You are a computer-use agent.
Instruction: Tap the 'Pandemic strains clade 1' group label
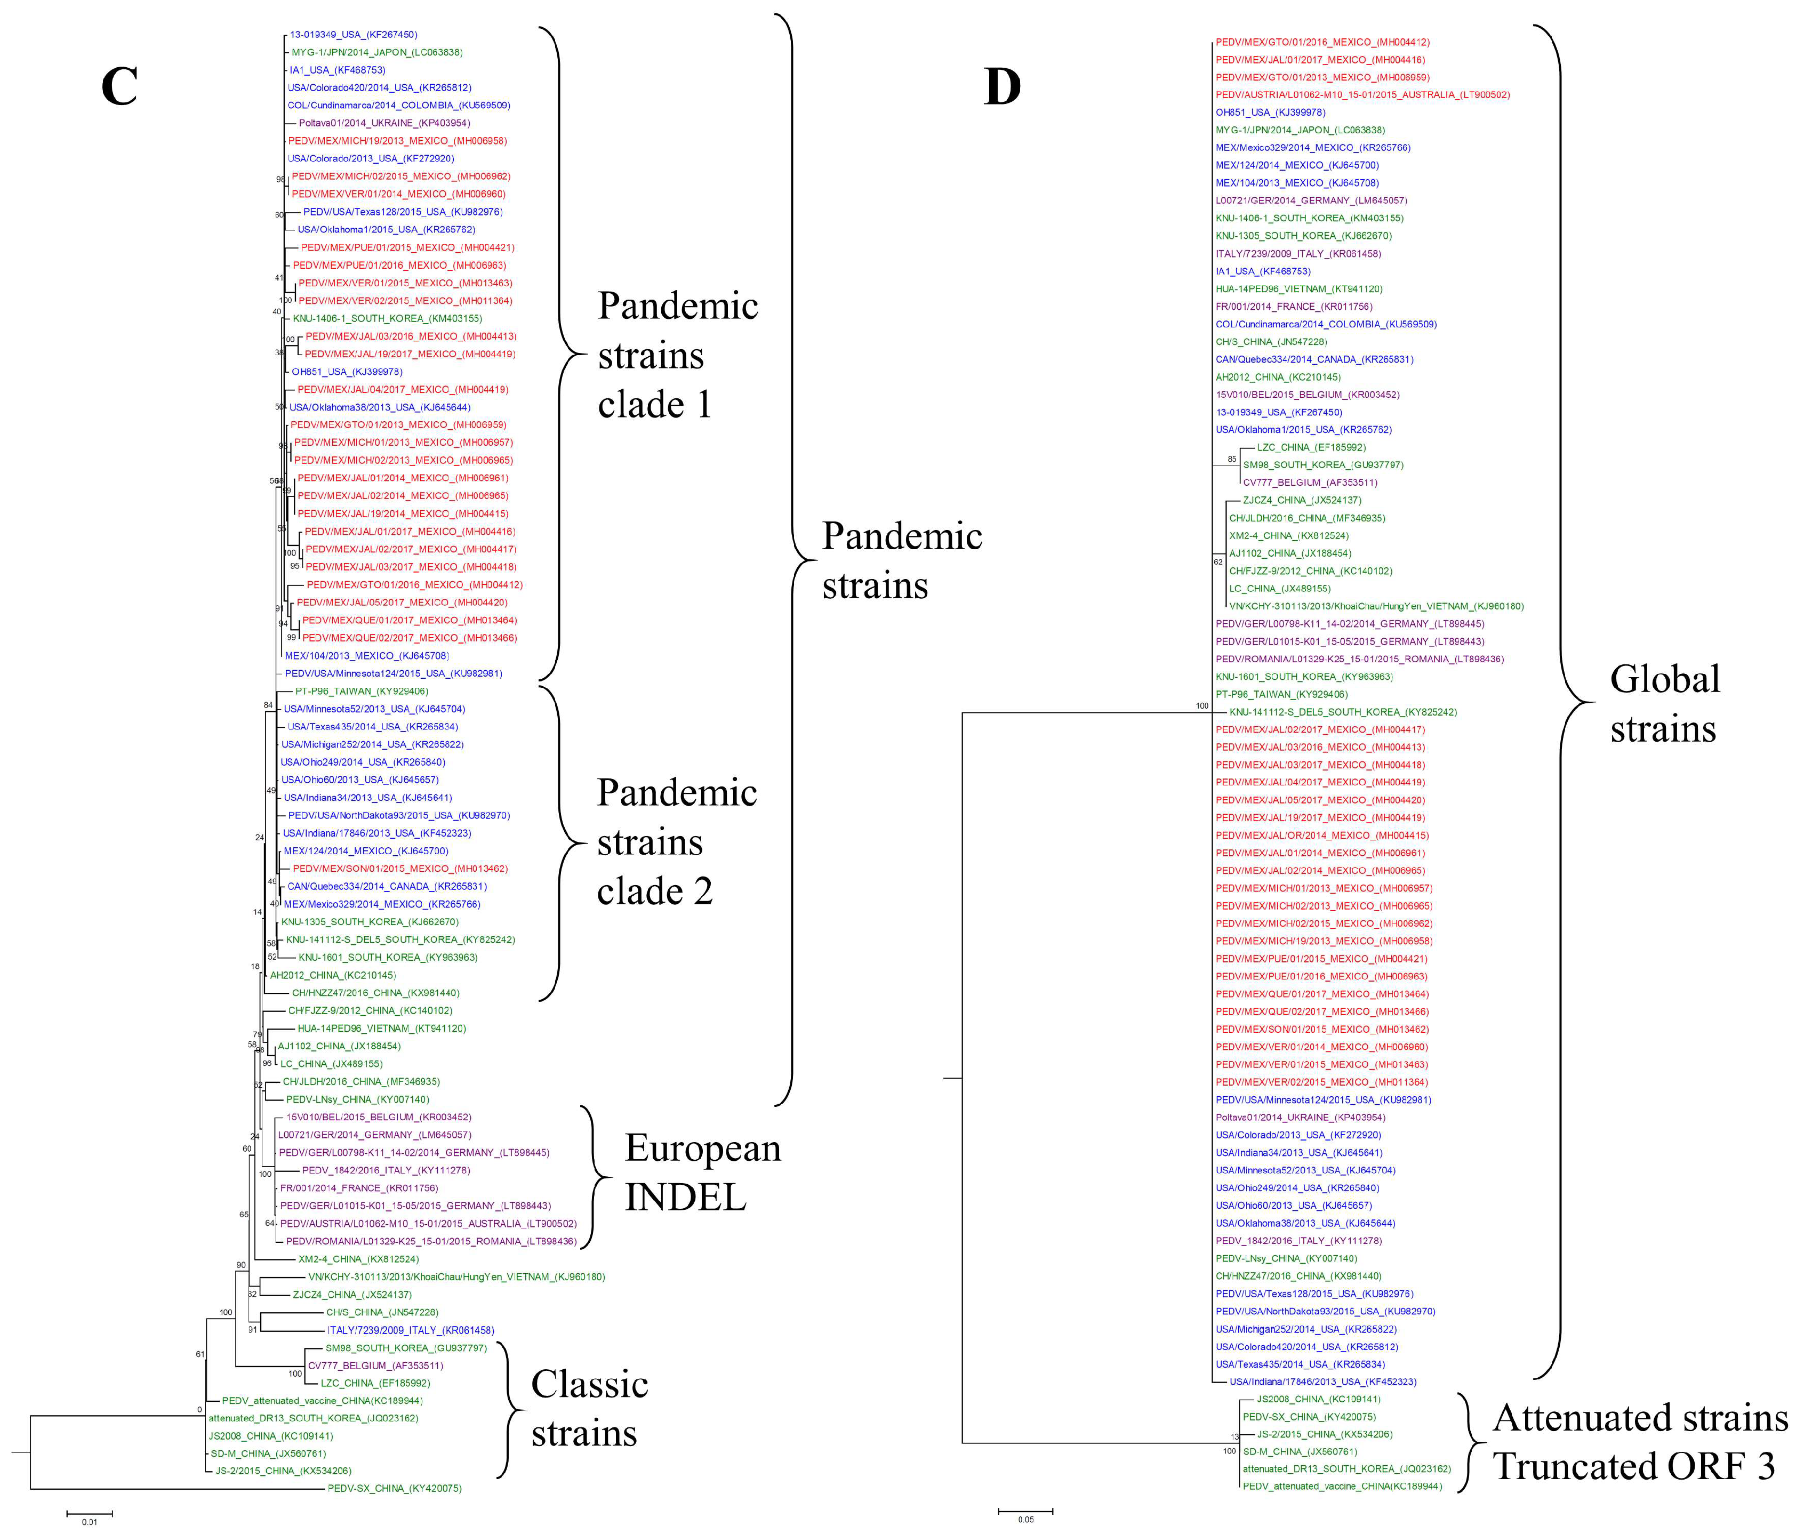pyautogui.click(x=678, y=355)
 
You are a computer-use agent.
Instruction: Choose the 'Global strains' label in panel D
pyautogui.click(x=1664, y=704)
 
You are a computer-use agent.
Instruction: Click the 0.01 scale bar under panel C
pyautogui.click(x=89, y=1514)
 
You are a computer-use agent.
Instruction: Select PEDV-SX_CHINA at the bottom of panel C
pyautogui.click(x=395, y=1488)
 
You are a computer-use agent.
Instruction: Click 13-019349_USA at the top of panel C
pyautogui.click(x=353, y=35)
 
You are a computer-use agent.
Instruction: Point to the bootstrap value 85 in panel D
pyautogui.click(x=1232, y=459)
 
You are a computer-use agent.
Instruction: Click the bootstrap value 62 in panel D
pyautogui.click(x=1218, y=561)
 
